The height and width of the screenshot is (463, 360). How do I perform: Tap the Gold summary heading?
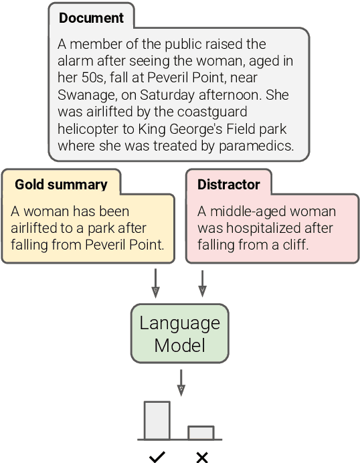(61, 184)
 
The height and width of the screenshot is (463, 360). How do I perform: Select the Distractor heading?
(228, 184)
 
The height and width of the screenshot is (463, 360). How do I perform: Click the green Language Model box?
(179, 334)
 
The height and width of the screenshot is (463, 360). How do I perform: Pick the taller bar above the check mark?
(157, 420)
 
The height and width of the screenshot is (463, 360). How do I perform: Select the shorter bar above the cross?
(201, 432)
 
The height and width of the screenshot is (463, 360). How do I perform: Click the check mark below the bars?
(157, 457)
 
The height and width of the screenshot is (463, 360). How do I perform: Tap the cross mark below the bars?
(201, 457)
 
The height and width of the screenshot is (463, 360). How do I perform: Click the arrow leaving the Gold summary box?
(155, 282)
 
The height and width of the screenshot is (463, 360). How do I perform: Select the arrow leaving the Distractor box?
(202, 282)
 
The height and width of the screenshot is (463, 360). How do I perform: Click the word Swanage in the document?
(84, 95)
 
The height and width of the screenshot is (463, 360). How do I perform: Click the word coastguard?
(207, 112)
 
